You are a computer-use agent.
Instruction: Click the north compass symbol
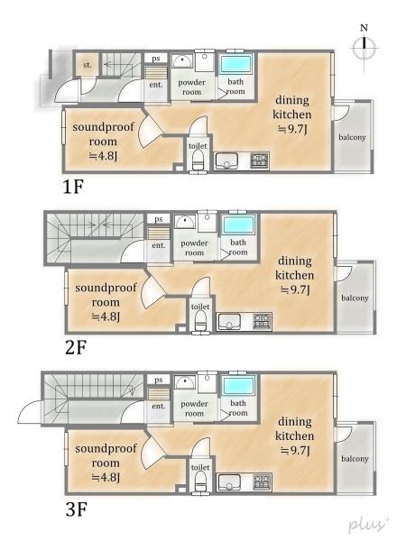[x=365, y=48]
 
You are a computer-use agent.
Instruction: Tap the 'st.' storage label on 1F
[x=88, y=65]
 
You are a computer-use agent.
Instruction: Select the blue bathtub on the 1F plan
[x=235, y=64]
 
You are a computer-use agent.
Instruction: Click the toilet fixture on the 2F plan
[x=200, y=320]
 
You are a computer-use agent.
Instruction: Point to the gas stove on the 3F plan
[x=263, y=482]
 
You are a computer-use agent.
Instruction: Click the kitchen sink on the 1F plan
[x=226, y=161]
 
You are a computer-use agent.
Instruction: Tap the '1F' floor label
[x=73, y=187]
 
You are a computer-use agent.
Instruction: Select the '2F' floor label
[x=76, y=347]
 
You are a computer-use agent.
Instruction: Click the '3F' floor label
[x=76, y=509]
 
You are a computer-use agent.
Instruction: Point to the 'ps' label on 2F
[x=159, y=219]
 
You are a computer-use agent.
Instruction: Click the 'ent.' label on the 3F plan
[x=159, y=406]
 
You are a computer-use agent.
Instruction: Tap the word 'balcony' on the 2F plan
[x=355, y=298]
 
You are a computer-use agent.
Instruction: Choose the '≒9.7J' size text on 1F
[x=292, y=129]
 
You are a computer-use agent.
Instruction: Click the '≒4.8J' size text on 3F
[x=106, y=477]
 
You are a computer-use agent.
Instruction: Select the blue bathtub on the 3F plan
[x=238, y=386]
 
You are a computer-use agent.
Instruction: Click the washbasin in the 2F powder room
[x=185, y=221]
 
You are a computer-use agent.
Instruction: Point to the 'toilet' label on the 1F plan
[x=198, y=146]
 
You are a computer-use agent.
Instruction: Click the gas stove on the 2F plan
[x=263, y=321]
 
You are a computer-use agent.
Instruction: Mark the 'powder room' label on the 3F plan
[x=194, y=408]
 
